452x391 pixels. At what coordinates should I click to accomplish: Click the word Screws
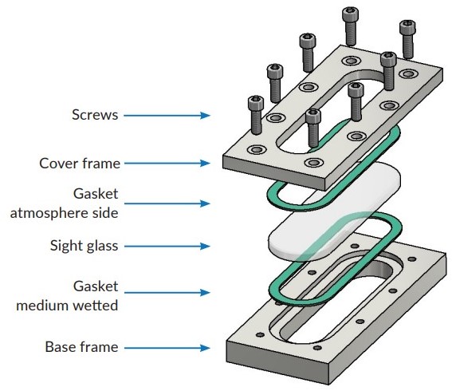[x=95, y=115]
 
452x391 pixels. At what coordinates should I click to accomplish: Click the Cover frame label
[x=80, y=164]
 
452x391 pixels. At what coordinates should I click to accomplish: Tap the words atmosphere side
[x=64, y=213]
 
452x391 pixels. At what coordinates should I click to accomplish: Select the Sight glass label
[x=84, y=246]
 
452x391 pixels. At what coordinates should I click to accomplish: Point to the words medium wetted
[x=67, y=306]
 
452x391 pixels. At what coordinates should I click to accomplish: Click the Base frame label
[x=81, y=347]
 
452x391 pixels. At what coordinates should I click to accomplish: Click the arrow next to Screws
[x=167, y=116]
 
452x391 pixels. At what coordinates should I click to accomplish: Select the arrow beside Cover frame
[x=167, y=163]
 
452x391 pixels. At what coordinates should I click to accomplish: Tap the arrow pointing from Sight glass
[x=167, y=246]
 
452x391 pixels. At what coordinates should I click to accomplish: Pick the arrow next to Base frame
[x=167, y=348]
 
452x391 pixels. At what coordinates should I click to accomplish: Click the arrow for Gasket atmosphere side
[x=167, y=203]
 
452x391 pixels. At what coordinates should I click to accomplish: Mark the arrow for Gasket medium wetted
[x=167, y=293]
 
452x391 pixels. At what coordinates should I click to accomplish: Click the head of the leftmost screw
[x=256, y=103]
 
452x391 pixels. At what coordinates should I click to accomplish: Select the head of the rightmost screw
[x=407, y=27]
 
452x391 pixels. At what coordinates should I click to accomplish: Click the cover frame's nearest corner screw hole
[x=313, y=163]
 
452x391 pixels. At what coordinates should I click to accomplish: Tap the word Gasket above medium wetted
[x=96, y=286]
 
